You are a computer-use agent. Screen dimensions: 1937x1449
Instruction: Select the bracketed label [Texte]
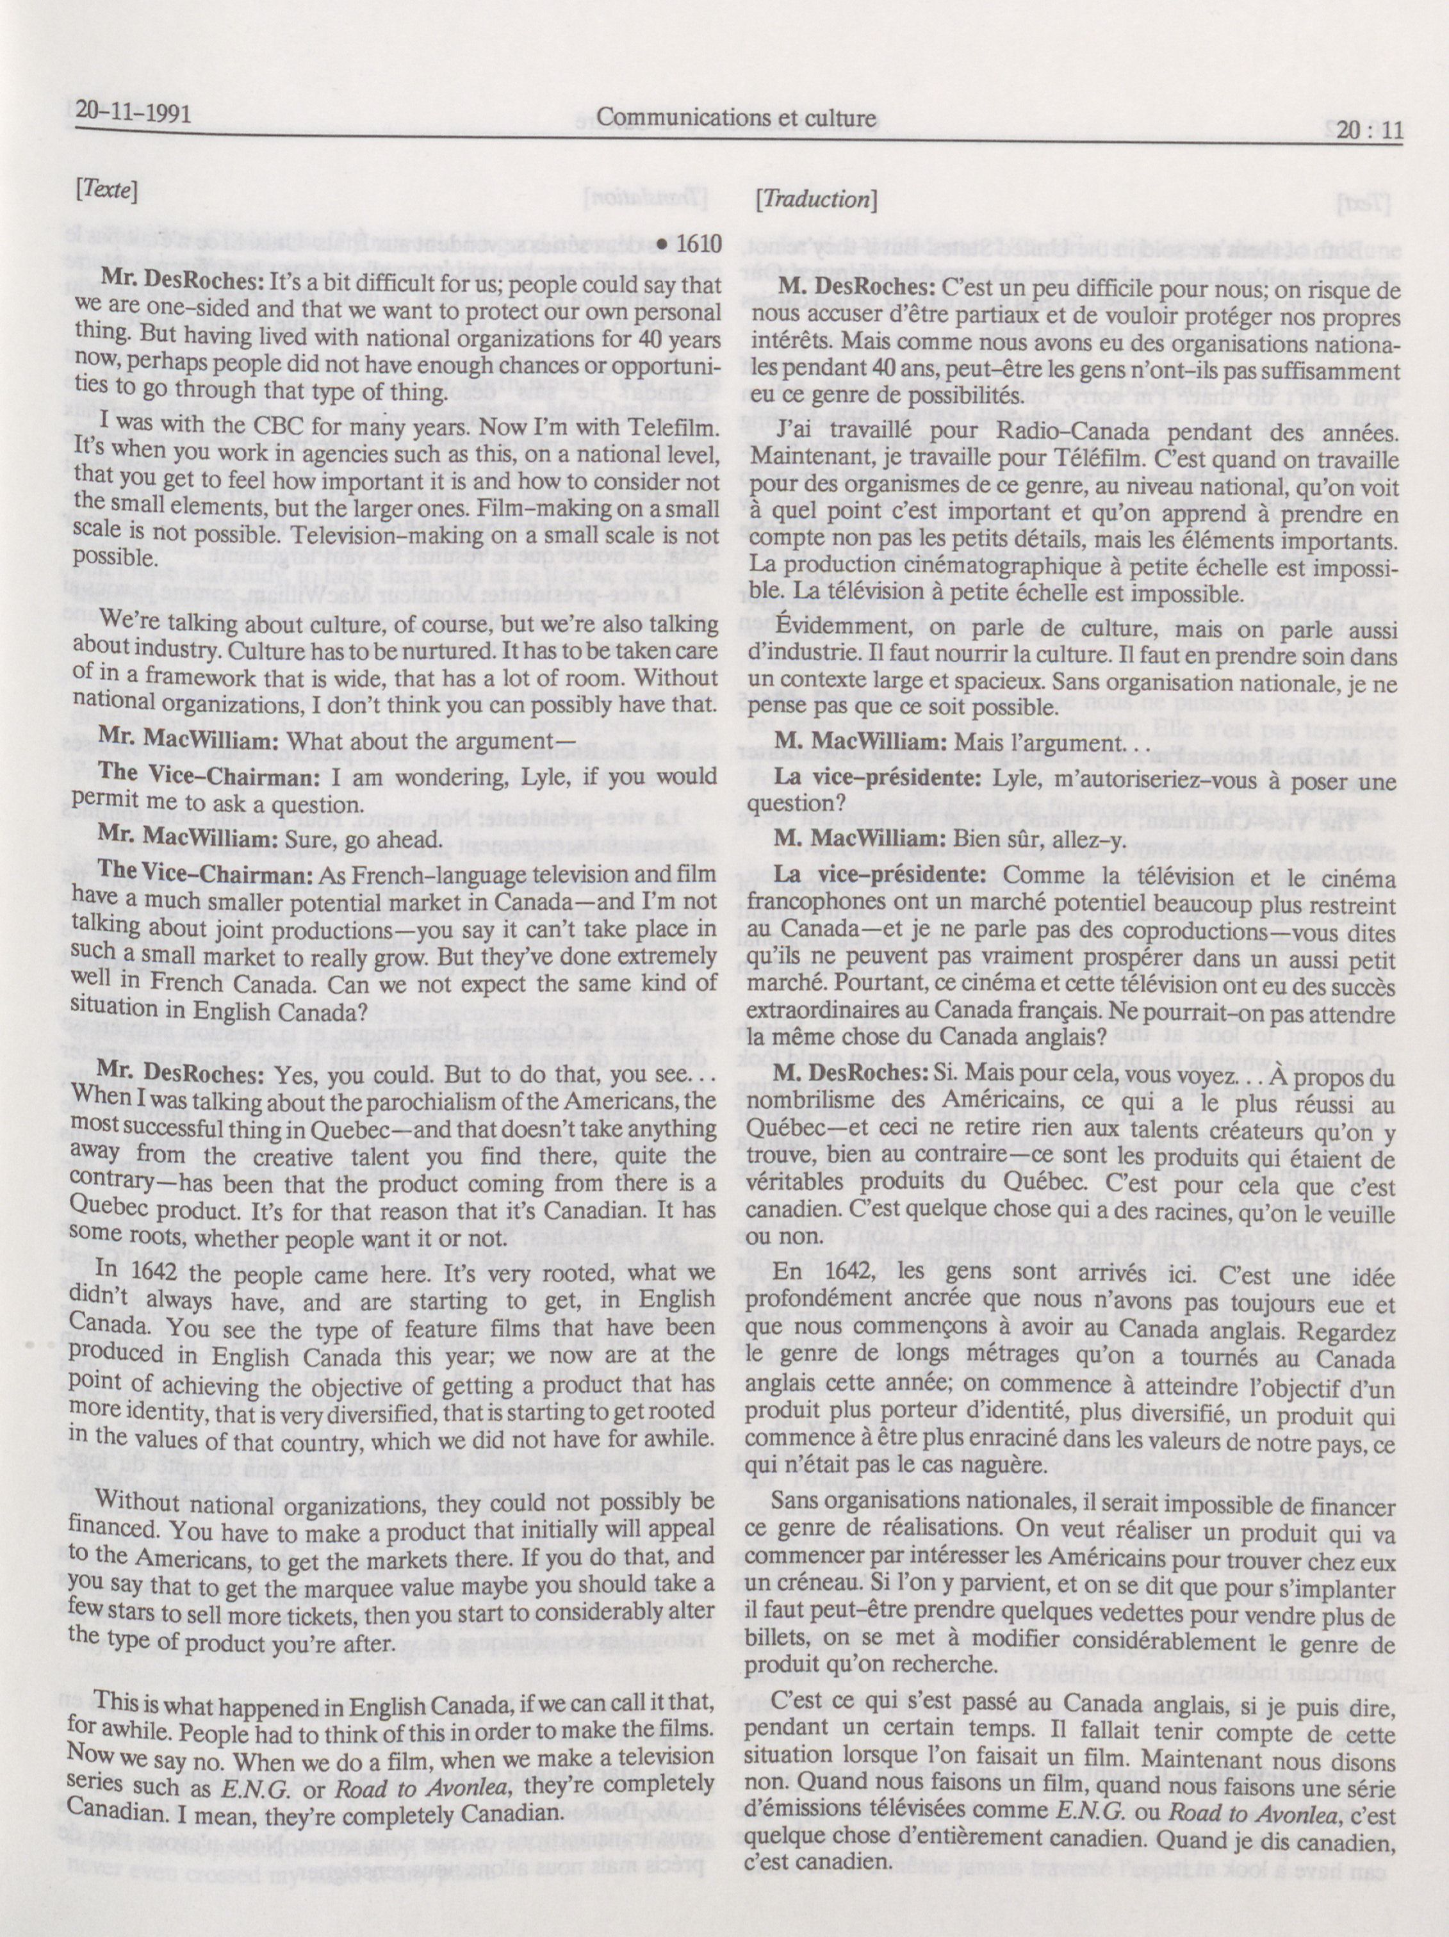[108, 191]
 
